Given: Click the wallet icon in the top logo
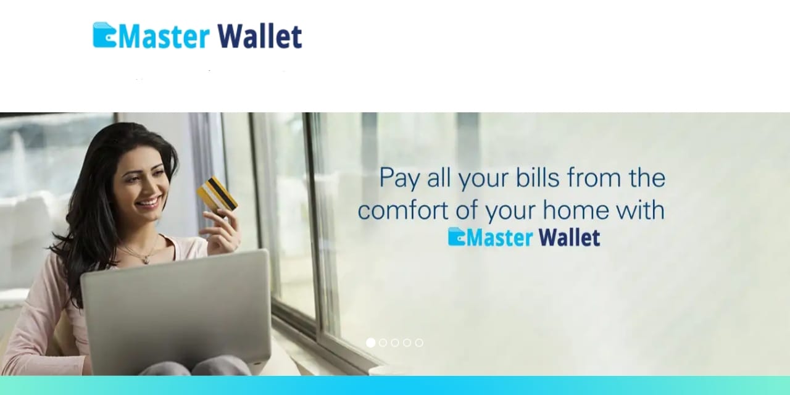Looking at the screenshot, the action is pos(104,35).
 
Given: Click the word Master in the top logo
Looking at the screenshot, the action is pos(164,36).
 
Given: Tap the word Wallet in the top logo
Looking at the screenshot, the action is pos(260,36).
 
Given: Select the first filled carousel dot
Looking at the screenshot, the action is pos(370,343).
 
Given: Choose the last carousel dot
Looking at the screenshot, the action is pos(419,343).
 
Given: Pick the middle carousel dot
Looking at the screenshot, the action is pos(395,343).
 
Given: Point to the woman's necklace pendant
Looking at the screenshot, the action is pos(145,260).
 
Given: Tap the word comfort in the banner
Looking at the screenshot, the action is pos(403,210).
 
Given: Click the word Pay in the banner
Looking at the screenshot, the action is pos(399,179).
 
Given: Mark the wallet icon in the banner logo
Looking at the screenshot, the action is pos(457,236).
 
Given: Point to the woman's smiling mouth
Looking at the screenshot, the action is pos(149,202).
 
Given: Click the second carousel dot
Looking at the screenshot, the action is pos(383,343).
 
